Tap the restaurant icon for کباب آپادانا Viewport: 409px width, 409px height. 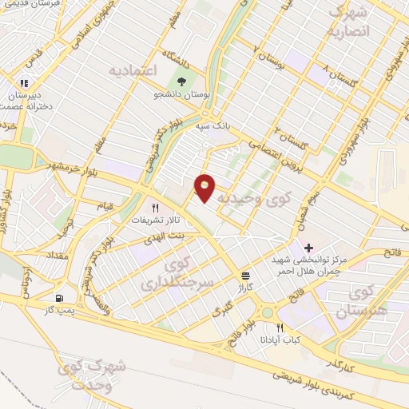[x=280, y=328]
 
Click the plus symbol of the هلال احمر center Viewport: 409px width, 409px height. [x=308, y=249]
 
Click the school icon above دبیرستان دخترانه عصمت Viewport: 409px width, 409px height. [x=24, y=81]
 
